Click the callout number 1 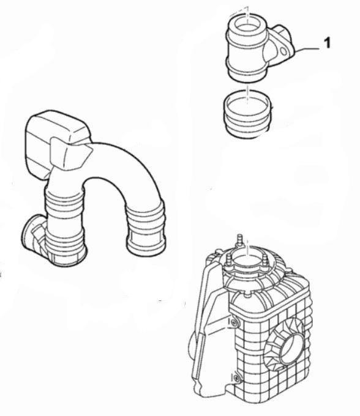[x=328, y=43]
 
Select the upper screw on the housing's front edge [x=233, y=322]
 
